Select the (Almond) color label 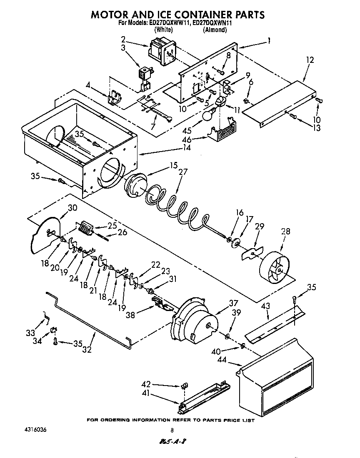215,30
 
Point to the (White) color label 164,30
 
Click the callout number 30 72,208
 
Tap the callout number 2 123,39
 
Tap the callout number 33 30,333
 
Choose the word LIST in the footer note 247,420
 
